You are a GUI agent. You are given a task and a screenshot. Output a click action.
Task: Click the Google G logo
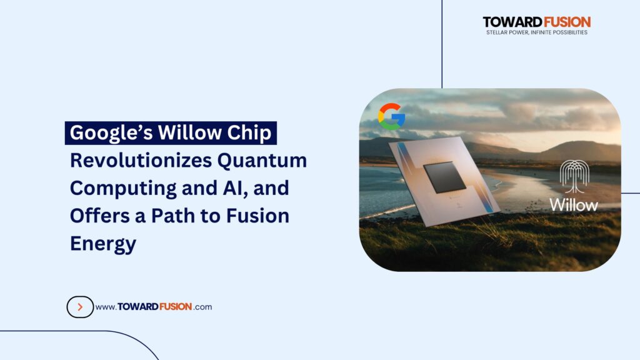click(x=391, y=116)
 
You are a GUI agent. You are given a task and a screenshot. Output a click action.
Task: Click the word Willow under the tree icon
click(x=573, y=204)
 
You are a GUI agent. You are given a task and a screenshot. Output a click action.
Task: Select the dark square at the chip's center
click(x=444, y=177)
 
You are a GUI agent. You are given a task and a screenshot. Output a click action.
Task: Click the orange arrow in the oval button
click(x=80, y=307)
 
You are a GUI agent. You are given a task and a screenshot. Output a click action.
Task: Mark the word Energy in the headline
click(x=102, y=243)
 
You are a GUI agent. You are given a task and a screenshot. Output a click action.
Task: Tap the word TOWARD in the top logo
click(x=509, y=22)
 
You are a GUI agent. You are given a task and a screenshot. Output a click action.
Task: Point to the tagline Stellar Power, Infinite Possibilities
click(x=536, y=32)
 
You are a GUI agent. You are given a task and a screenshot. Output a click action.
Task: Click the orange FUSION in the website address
click(x=171, y=307)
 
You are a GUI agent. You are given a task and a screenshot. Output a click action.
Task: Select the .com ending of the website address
click(x=203, y=307)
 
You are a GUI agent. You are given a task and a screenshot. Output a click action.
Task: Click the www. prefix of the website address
click(x=105, y=307)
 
